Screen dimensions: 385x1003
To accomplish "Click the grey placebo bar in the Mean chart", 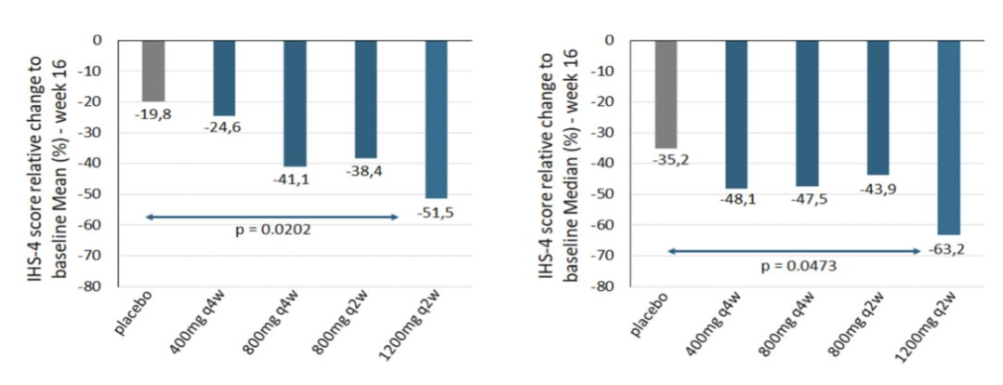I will tap(153, 71).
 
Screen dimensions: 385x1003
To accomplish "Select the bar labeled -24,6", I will tap(224, 77).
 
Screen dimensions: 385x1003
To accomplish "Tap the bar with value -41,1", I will tap(295, 102).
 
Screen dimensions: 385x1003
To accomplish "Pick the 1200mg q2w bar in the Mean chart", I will tap(437, 118).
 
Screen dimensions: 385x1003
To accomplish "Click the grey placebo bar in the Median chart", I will tap(666, 94).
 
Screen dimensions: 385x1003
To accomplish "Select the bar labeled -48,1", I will tap(736, 113).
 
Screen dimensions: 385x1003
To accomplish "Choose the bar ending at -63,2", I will tap(948, 137).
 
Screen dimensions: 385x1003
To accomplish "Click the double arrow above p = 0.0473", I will tap(794, 250).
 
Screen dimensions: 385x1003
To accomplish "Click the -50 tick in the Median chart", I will tap(611, 194).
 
